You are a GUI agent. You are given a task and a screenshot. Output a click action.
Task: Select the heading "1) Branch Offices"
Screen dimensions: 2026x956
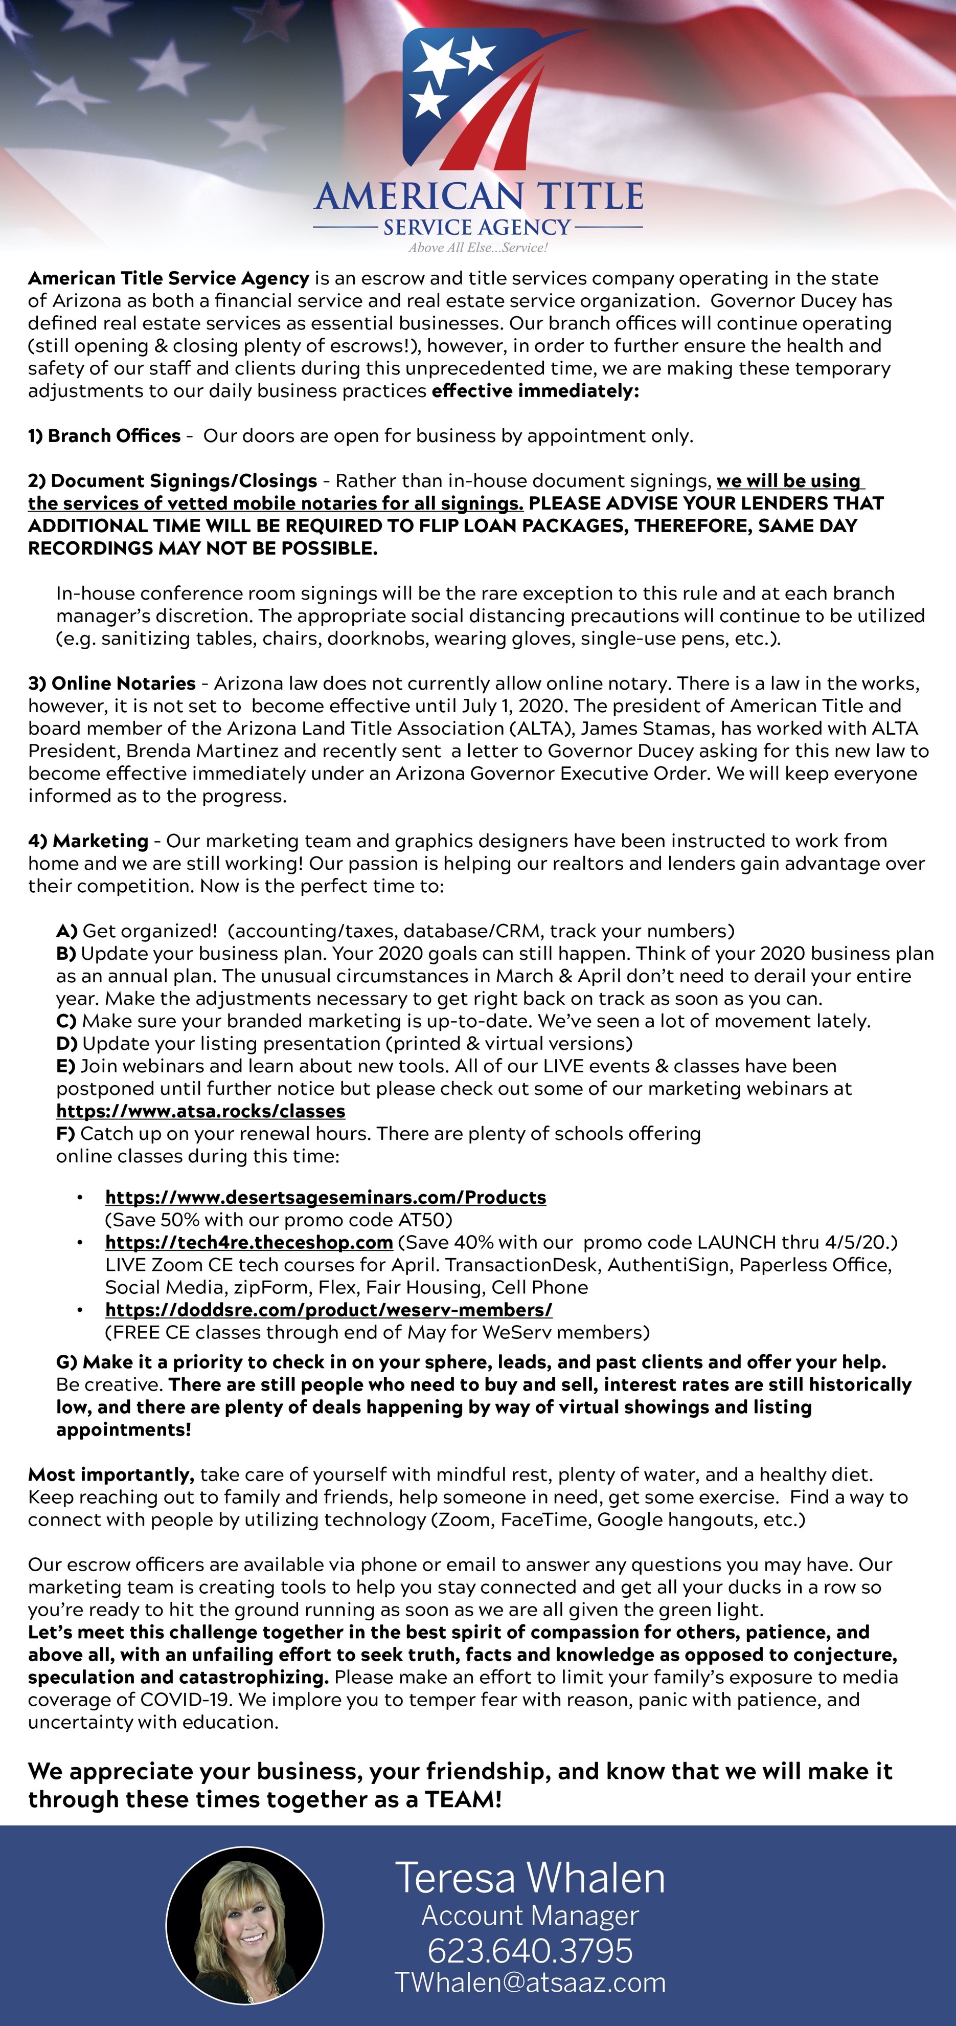tap(105, 436)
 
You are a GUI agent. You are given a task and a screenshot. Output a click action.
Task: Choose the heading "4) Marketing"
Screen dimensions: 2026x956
tap(88, 841)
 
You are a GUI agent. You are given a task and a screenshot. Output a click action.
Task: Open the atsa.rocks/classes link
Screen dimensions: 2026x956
tap(200, 1111)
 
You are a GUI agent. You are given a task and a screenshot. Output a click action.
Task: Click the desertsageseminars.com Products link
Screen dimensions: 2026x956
tap(326, 1197)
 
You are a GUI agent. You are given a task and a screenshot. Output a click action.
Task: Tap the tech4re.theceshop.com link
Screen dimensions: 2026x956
tap(248, 1242)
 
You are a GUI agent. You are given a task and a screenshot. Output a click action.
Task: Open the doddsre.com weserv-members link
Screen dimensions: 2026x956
tap(329, 1310)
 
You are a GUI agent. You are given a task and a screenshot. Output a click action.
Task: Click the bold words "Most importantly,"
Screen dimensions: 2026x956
tap(111, 1474)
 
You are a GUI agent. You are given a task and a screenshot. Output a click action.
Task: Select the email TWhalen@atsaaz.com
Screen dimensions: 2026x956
tap(530, 1983)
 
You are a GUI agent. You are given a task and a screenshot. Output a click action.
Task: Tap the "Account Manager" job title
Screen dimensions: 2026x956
tap(530, 1915)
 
